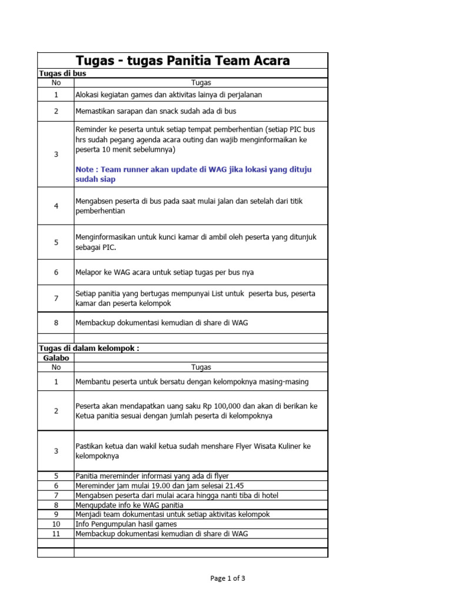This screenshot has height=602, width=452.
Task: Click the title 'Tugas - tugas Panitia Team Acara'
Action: (x=182, y=61)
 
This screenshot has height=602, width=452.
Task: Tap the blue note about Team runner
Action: (x=194, y=174)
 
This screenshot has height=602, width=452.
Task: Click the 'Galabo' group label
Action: (x=55, y=357)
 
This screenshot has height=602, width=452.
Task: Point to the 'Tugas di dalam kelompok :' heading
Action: (x=88, y=348)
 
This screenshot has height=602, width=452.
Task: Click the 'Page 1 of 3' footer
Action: (x=228, y=578)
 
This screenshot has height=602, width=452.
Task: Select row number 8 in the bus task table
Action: (x=56, y=323)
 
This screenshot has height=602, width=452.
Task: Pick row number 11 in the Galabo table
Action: (x=56, y=533)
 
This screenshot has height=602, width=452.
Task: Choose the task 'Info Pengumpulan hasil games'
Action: (x=126, y=524)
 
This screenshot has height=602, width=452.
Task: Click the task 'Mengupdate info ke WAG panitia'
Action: (x=129, y=505)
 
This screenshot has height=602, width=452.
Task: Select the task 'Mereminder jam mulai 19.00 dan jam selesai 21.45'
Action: (x=159, y=486)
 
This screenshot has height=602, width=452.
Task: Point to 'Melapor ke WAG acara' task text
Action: (x=119, y=272)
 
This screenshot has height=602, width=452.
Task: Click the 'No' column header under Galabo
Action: (x=56, y=367)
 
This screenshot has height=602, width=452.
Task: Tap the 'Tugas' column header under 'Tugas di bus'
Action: (x=201, y=83)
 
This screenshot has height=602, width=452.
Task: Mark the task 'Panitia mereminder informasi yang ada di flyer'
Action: (x=152, y=476)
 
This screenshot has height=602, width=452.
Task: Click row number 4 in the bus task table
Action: (x=56, y=206)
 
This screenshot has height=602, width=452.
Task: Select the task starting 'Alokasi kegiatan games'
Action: (x=168, y=94)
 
